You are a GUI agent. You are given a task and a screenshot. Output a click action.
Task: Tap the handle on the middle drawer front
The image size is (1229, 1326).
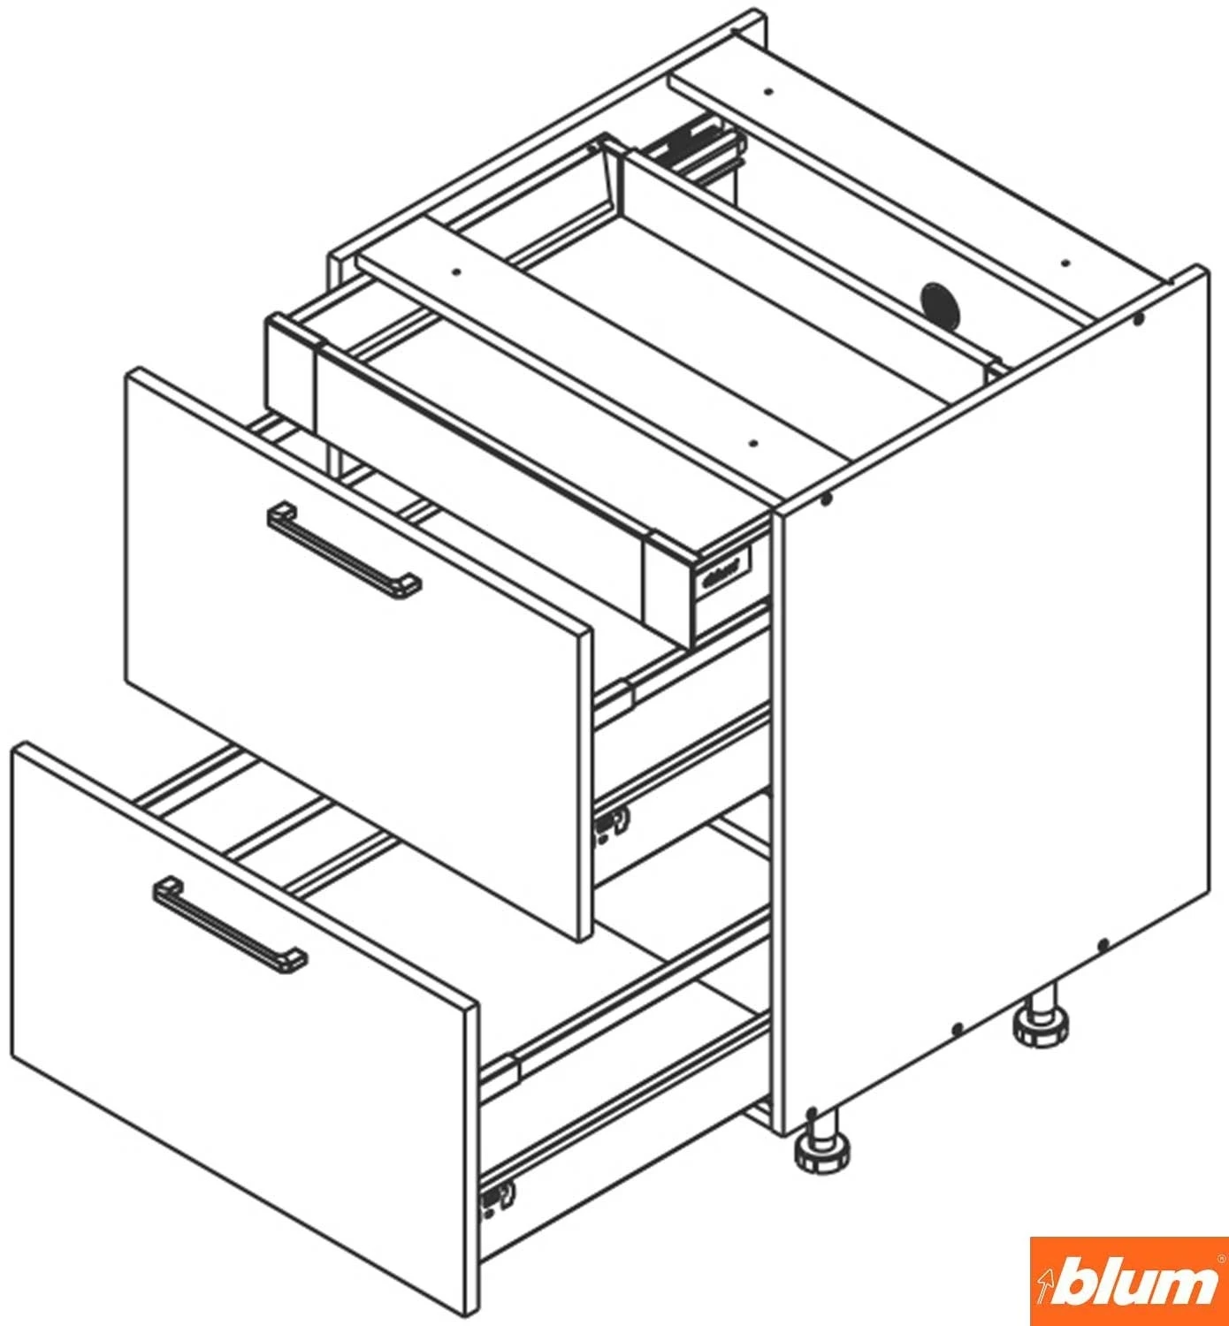click(x=344, y=552)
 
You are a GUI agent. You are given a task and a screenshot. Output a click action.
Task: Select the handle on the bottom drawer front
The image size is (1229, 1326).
click(x=230, y=925)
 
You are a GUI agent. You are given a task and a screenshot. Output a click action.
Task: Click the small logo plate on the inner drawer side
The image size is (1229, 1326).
click(x=721, y=571)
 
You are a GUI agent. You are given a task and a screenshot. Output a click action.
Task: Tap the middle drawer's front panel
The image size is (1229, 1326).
click(x=358, y=653)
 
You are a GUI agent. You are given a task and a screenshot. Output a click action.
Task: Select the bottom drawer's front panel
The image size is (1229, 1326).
click(x=244, y=1033)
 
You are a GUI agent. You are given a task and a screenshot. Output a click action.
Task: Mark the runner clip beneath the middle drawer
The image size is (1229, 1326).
click(x=612, y=826)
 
